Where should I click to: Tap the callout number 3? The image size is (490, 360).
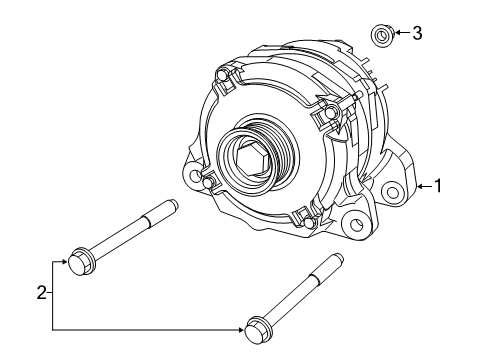[x=417, y=34]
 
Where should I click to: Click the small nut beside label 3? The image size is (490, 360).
[x=381, y=36]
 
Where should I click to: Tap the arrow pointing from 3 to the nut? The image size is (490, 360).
[x=398, y=34]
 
